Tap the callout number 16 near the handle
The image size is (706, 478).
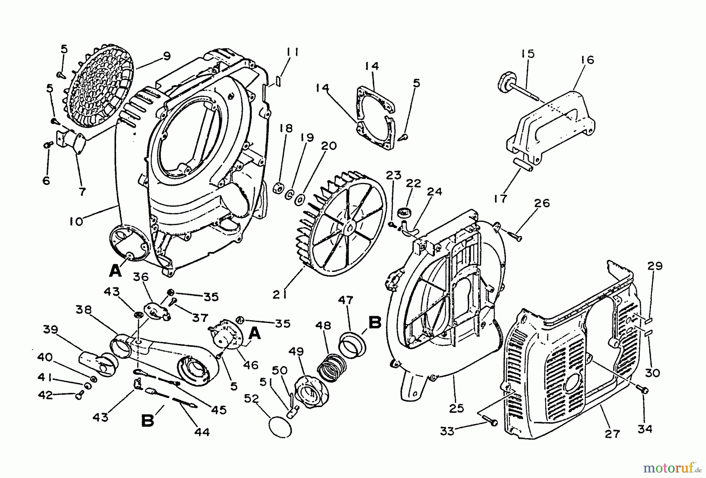pyautogui.click(x=587, y=60)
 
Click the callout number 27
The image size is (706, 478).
pyautogui.click(x=612, y=434)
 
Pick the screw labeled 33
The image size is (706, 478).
pyautogui.click(x=490, y=422)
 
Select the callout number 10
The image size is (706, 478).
pyautogui.click(x=76, y=221)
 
